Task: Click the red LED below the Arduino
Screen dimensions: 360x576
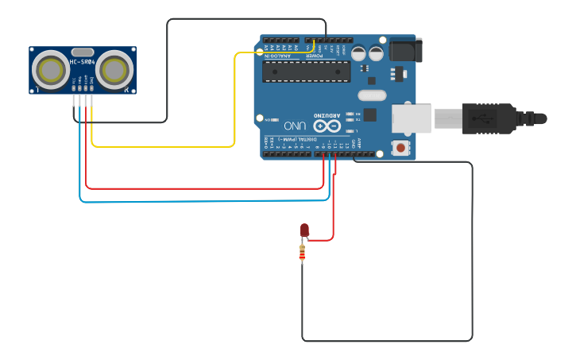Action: click(304, 230)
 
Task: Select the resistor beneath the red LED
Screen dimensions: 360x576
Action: click(302, 254)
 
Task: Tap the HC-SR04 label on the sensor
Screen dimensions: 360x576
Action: click(83, 62)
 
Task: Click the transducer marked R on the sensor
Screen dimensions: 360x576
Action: click(114, 70)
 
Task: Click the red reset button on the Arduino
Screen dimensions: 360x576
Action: click(400, 147)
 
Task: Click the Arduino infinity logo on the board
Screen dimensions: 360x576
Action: click(326, 126)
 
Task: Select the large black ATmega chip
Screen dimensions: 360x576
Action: click(306, 72)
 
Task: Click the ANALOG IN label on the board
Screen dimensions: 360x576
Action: click(278, 56)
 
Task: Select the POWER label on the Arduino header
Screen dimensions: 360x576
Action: click(315, 56)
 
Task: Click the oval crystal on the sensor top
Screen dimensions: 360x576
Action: click(83, 52)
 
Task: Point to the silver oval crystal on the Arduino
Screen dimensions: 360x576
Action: click(371, 95)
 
